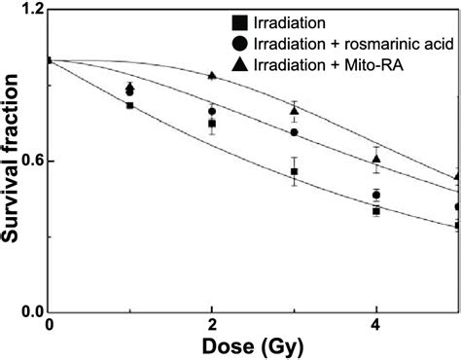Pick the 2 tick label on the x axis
[212, 324]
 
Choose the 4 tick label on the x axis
[376, 324]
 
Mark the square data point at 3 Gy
[294, 171]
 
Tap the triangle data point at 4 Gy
[376, 158]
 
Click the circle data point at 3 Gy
[294, 132]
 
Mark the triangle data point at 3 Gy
[294, 110]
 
